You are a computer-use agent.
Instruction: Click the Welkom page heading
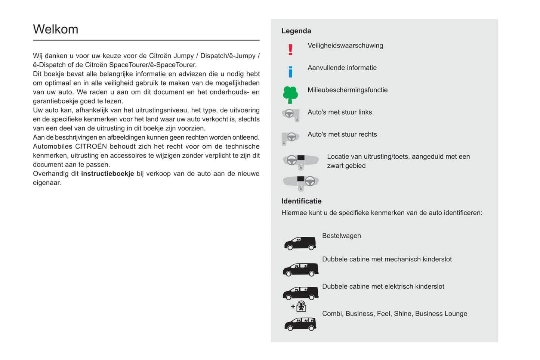56,29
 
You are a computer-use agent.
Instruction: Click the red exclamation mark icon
290,50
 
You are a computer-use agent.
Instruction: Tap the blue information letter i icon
290,72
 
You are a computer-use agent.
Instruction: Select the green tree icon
290,94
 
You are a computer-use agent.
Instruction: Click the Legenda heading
296,31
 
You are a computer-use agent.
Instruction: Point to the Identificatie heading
301,201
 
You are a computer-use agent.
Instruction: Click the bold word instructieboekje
107,174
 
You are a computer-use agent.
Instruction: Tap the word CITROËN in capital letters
91,146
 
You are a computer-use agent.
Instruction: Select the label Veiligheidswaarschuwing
345,46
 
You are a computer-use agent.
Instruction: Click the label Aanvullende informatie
342,68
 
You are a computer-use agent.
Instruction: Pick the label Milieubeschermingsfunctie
347,90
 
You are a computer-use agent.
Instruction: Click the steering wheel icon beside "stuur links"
290,115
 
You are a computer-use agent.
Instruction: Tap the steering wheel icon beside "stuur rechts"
290,138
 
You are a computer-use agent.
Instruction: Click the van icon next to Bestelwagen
300,243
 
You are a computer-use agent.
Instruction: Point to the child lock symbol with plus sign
299,307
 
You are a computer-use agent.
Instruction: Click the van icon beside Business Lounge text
300,324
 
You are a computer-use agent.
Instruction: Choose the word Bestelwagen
341,236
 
